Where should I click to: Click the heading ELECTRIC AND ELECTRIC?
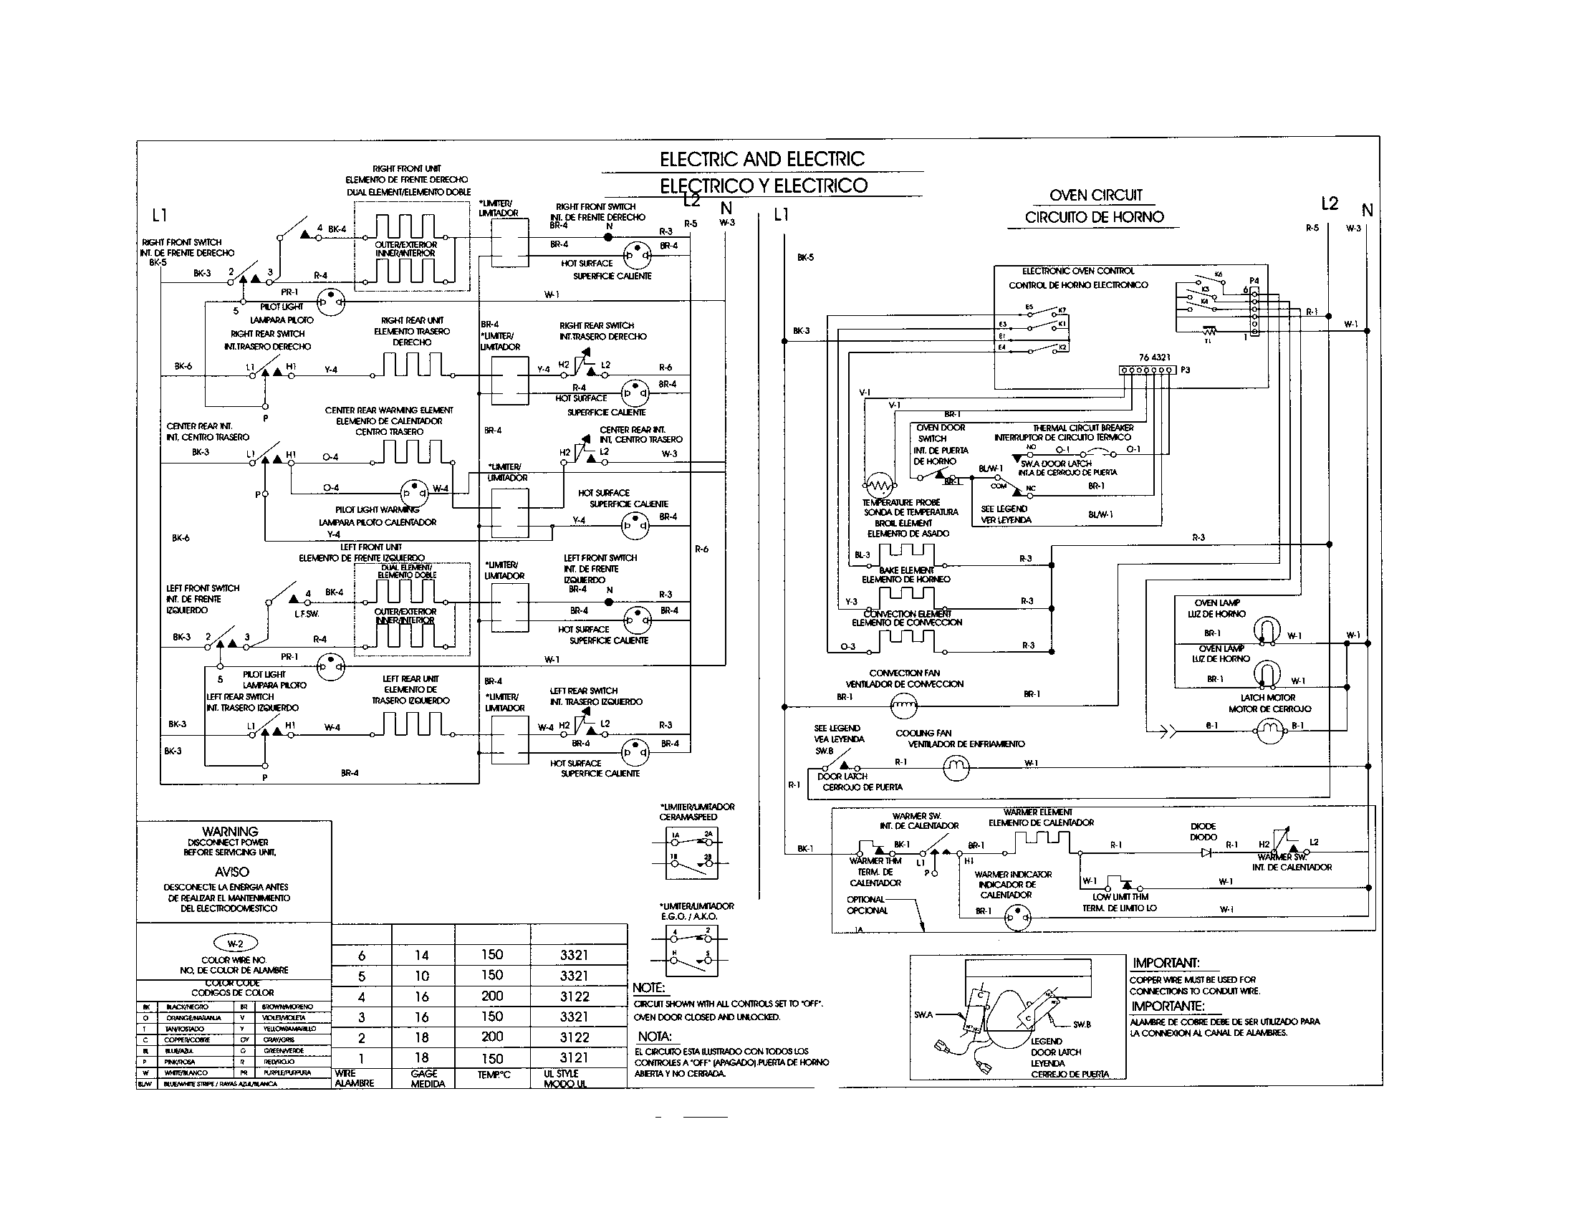tap(761, 160)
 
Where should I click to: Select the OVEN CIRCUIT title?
tap(1095, 195)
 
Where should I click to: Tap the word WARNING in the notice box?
tap(231, 831)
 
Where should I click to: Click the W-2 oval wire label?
tap(234, 943)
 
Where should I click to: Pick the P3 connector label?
tap(1185, 370)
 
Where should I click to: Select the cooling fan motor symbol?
tap(957, 767)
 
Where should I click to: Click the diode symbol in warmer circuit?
tap(1206, 852)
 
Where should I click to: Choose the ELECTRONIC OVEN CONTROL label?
tap(1078, 272)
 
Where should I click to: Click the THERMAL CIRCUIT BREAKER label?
tap(1082, 428)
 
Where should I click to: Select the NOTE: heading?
tap(648, 988)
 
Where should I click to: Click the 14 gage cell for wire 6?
tap(422, 955)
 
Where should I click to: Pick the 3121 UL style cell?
tap(574, 1057)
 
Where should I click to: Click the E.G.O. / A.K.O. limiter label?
tap(696, 916)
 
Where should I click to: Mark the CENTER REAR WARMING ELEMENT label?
tap(389, 410)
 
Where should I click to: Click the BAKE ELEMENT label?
tap(905, 570)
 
